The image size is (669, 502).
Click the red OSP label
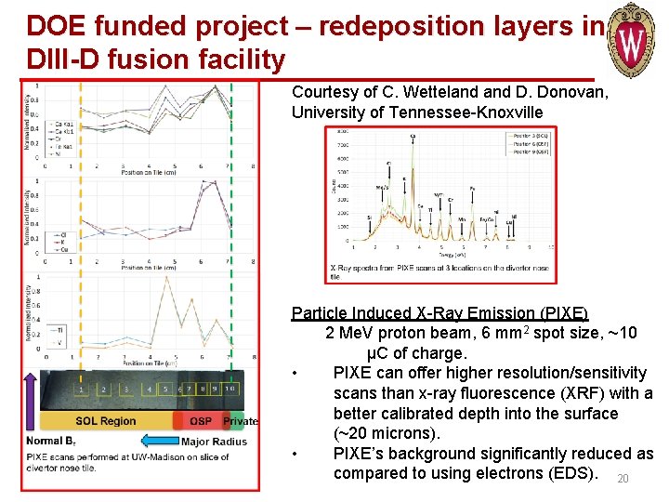click(x=200, y=421)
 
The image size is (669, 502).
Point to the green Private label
click(x=241, y=421)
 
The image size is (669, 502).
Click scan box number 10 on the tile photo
click(x=230, y=389)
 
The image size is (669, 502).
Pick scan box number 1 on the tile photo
click(x=84, y=389)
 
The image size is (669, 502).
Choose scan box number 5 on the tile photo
click(x=164, y=389)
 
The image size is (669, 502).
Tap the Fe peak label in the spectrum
click(x=472, y=189)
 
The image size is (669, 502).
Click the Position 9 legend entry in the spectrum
click(x=530, y=152)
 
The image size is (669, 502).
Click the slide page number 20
click(x=623, y=479)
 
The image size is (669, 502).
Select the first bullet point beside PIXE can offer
click(x=295, y=374)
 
